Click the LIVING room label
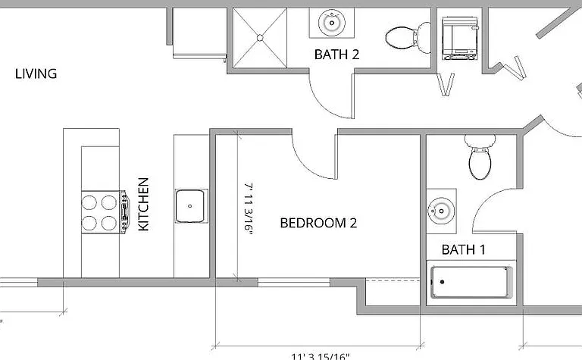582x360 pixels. [x=36, y=74]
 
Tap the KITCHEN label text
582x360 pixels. [x=144, y=204]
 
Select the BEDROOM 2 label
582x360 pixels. [x=318, y=223]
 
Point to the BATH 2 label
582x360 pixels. [x=336, y=55]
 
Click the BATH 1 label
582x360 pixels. [x=463, y=250]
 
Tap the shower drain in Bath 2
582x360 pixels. [x=260, y=37]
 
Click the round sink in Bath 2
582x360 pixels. [x=332, y=23]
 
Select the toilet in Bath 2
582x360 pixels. [x=408, y=37]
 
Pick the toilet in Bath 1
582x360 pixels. [x=480, y=157]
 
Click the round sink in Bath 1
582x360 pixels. [x=441, y=211]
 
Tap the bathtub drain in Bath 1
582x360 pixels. [x=442, y=282]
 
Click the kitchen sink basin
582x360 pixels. [x=189, y=206]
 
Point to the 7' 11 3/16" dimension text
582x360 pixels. [x=249, y=208]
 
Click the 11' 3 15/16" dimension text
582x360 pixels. [x=320, y=356]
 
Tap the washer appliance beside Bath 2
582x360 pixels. [x=459, y=38]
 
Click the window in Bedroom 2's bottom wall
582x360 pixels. [x=294, y=283]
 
